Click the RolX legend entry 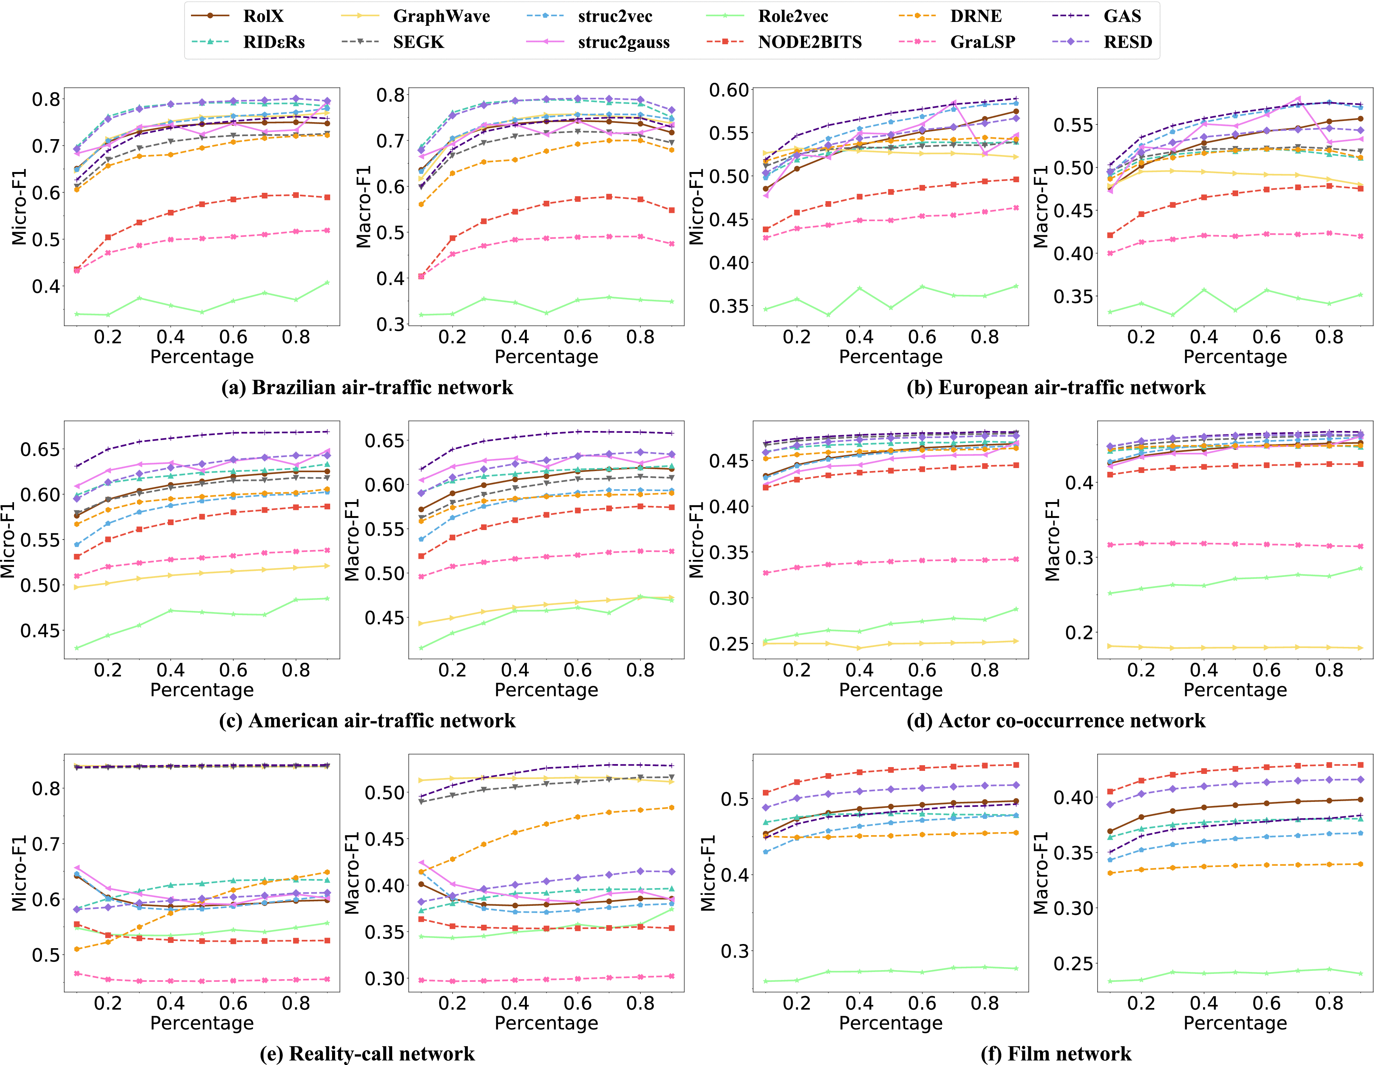pyautogui.click(x=263, y=16)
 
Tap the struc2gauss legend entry pyautogui.click(x=623, y=42)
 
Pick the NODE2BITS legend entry pyautogui.click(x=809, y=42)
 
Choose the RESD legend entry pyautogui.click(x=1127, y=42)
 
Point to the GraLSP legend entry pyautogui.click(x=982, y=42)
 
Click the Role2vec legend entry pyautogui.click(x=793, y=16)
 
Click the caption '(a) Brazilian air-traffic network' pyautogui.click(x=367, y=388)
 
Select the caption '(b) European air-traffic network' pyautogui.click(x=1056, y=388)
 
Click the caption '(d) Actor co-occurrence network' pyautogui.click(x=1056, y=720)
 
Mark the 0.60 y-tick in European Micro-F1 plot pyautogui.click(x=729, y=90)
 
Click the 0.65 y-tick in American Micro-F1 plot pyautogui.click(x=40, y=449)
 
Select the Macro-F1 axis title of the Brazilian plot pyautogui.click(x=363, y=206)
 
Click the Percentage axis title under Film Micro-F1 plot pyautogui.click(x=890, y=1023)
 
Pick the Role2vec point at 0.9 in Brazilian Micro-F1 pyautogui.click(x=327, y=282)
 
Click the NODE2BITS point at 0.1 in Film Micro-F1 pyautogui.click(x=765, y=793)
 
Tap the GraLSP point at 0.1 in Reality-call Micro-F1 pyautogui.click(x=77, y=973)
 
